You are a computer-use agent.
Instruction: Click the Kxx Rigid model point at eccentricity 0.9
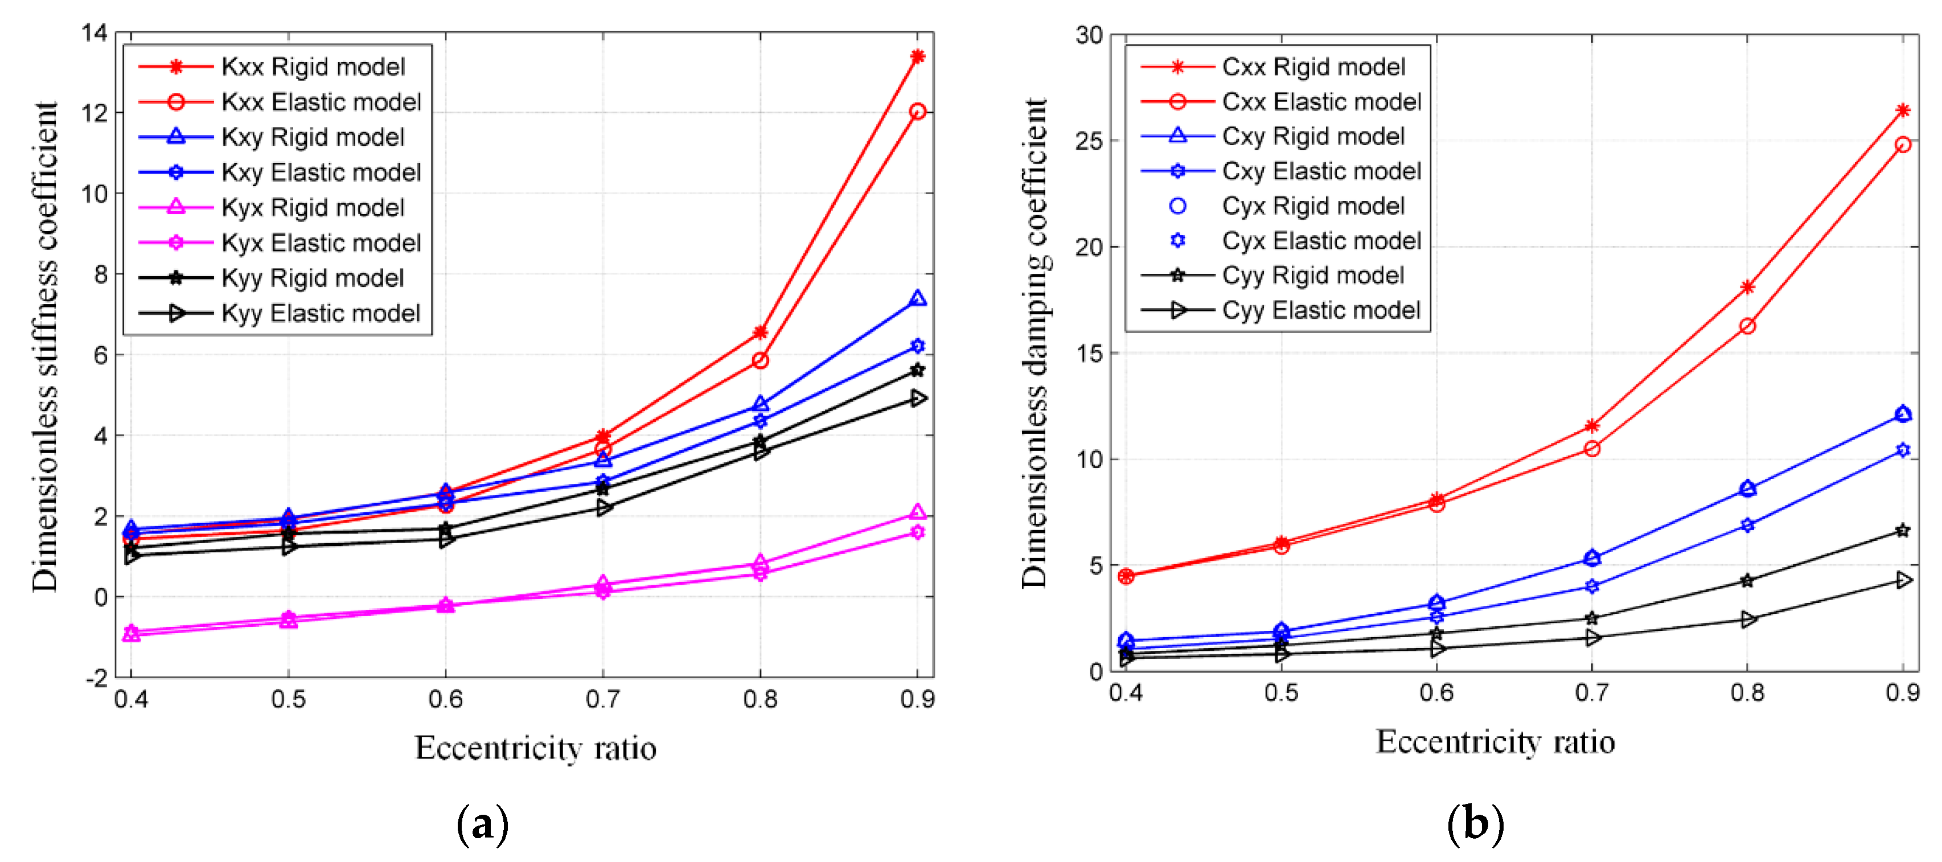click(917, 56)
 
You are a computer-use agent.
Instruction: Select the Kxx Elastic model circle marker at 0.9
click(917, 112)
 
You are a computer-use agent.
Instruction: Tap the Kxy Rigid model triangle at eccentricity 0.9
click(917, 299)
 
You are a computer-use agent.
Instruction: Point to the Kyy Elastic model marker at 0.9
click(917, 397)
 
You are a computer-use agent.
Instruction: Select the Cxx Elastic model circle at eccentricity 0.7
click(1592, 449)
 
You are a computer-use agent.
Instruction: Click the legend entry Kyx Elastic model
click(321, 243)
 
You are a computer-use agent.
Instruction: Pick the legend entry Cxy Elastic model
click(1321, 171)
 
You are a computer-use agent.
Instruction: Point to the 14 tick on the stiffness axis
click(95, 32)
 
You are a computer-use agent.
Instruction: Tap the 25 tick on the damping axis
click(1089, 141)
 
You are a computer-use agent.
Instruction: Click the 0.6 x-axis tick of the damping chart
click(1436, 692)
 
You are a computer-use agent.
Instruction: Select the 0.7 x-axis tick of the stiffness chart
click(602, 699)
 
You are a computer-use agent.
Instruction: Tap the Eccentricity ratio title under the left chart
click(535, 748)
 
